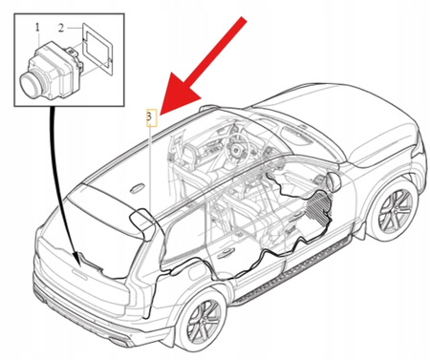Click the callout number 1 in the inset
pos(37,28)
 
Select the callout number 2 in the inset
pos(61,29)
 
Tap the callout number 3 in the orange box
pos(149,116)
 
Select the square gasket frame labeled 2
pos(97,50)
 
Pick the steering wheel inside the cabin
pos(235,145)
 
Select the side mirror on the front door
pos(333,182)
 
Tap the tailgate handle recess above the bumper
pos(79,274)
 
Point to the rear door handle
pos(226,253)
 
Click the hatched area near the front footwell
pos(318,207)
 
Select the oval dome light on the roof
pos(138,188)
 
